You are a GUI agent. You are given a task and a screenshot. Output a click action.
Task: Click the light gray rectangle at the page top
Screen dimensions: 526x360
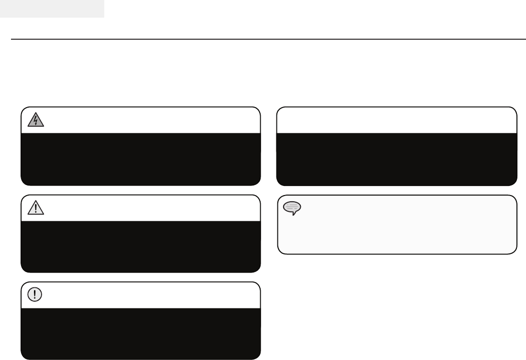(x=52, y=9)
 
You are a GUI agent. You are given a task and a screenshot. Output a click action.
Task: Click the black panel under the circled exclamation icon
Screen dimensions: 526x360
(x=141, y=333)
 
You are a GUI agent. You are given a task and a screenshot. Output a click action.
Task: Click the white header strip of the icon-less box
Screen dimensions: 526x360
(x=397, y=120)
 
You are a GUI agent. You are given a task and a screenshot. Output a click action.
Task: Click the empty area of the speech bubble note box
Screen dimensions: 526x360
(x=406, y=229)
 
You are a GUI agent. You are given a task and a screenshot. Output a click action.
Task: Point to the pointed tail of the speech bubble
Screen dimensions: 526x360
(x=294, y=214)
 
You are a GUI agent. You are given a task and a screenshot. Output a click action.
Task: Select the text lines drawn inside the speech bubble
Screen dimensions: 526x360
(x=292, y=206)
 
